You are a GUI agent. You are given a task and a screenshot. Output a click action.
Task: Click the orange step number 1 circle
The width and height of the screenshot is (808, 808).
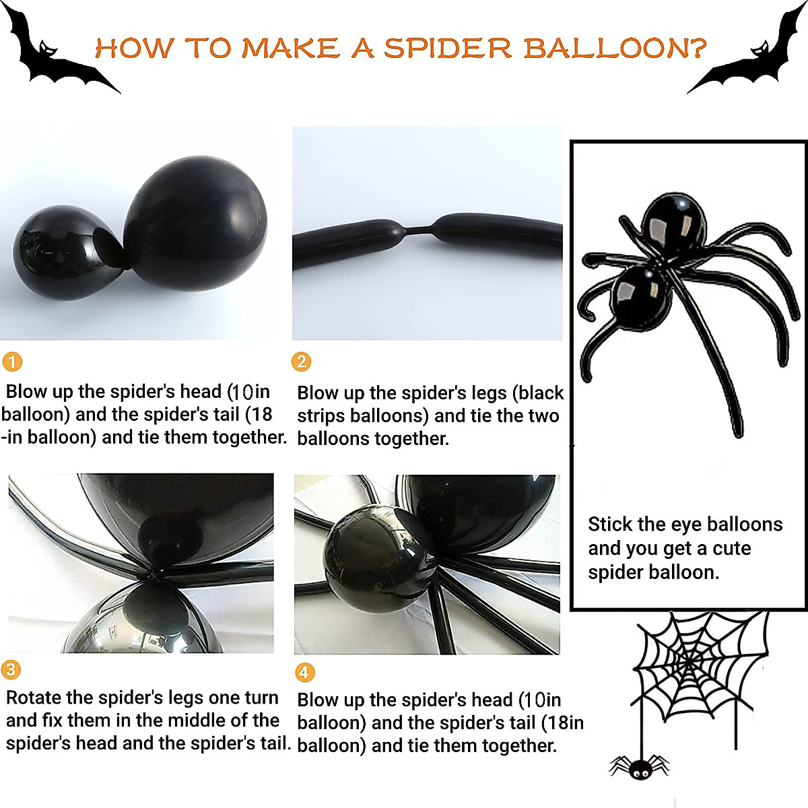(12, 362)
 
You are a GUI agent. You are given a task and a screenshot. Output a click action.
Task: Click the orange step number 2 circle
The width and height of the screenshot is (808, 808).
(301, 362)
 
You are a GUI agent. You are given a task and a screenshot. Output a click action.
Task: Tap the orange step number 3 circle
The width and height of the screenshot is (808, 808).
(11, 669)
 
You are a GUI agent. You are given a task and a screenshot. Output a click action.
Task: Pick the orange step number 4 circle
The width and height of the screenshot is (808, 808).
(304, 671)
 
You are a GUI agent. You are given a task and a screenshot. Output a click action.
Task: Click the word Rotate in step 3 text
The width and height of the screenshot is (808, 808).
(34, 698)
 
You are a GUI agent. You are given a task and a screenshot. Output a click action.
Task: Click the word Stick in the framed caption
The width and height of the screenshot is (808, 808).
(610, 524)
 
